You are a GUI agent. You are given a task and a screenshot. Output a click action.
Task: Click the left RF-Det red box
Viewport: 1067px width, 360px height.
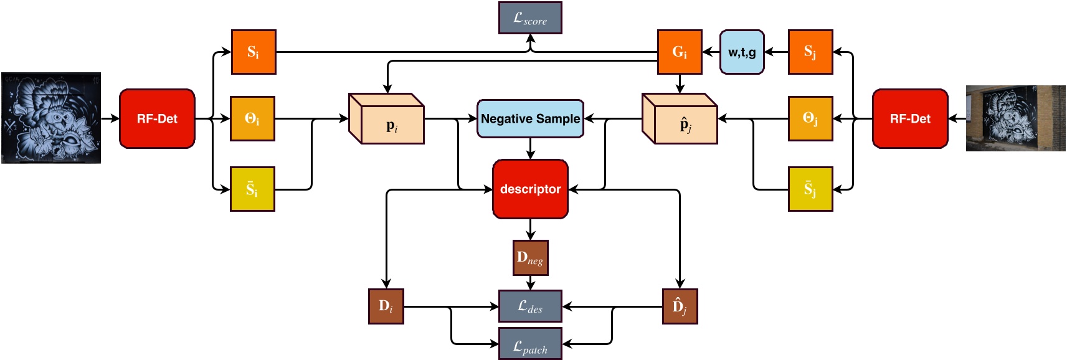pyautogui.click(x=157, y=118)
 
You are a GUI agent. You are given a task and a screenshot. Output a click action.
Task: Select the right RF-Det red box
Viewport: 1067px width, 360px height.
pyautogui.click(x=910, y=118)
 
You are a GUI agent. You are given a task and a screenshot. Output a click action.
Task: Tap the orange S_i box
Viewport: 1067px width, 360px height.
pyautogui.click(x=253, y=52)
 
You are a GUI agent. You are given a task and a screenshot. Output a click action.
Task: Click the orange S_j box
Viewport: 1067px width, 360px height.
pyautogui.click(x=810, y=52)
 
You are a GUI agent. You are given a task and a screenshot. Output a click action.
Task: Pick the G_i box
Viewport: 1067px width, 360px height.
pyautogui.click(x=680, y=52)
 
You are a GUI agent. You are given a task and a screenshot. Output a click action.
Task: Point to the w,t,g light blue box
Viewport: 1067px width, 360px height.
pyautogui.click(x=742, y=52)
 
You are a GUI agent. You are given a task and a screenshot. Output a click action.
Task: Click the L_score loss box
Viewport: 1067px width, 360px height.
pyautogui.click(x=530, y=18)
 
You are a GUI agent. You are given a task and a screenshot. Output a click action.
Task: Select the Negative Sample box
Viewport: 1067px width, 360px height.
pyautogui.click(x=530, y=118)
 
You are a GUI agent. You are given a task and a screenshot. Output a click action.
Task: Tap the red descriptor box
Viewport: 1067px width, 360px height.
pyautogui.click(x=530, y=189)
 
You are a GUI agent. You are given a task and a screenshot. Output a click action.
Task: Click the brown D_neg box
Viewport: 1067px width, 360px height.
pyautogui.click(x=530, y=257)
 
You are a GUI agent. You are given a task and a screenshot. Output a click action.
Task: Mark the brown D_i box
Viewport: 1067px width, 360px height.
pyautogui.click(x=386, y=306)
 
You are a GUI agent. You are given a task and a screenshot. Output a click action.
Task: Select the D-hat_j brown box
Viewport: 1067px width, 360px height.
pyautogui.click(x=680, y=306)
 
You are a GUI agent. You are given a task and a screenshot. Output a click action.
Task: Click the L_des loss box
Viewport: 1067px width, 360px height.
pyautogui.click(x=530, y=306)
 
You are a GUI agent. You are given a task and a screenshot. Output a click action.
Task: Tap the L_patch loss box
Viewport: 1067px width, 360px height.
pyautogui.click(x=530, y=344)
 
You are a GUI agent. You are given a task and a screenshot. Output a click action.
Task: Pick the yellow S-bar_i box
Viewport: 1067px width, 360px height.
pyautogui.click(x=252, y=189)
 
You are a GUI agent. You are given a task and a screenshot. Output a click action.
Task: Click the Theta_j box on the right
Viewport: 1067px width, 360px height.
pyautogui.click(x=810, y=118)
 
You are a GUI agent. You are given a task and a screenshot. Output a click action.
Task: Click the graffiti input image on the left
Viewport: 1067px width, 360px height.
pyautogui.click(x=51, y=118)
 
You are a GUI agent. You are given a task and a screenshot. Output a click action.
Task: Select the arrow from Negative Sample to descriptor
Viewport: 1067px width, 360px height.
pyautogui.click(x=530, y=148)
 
